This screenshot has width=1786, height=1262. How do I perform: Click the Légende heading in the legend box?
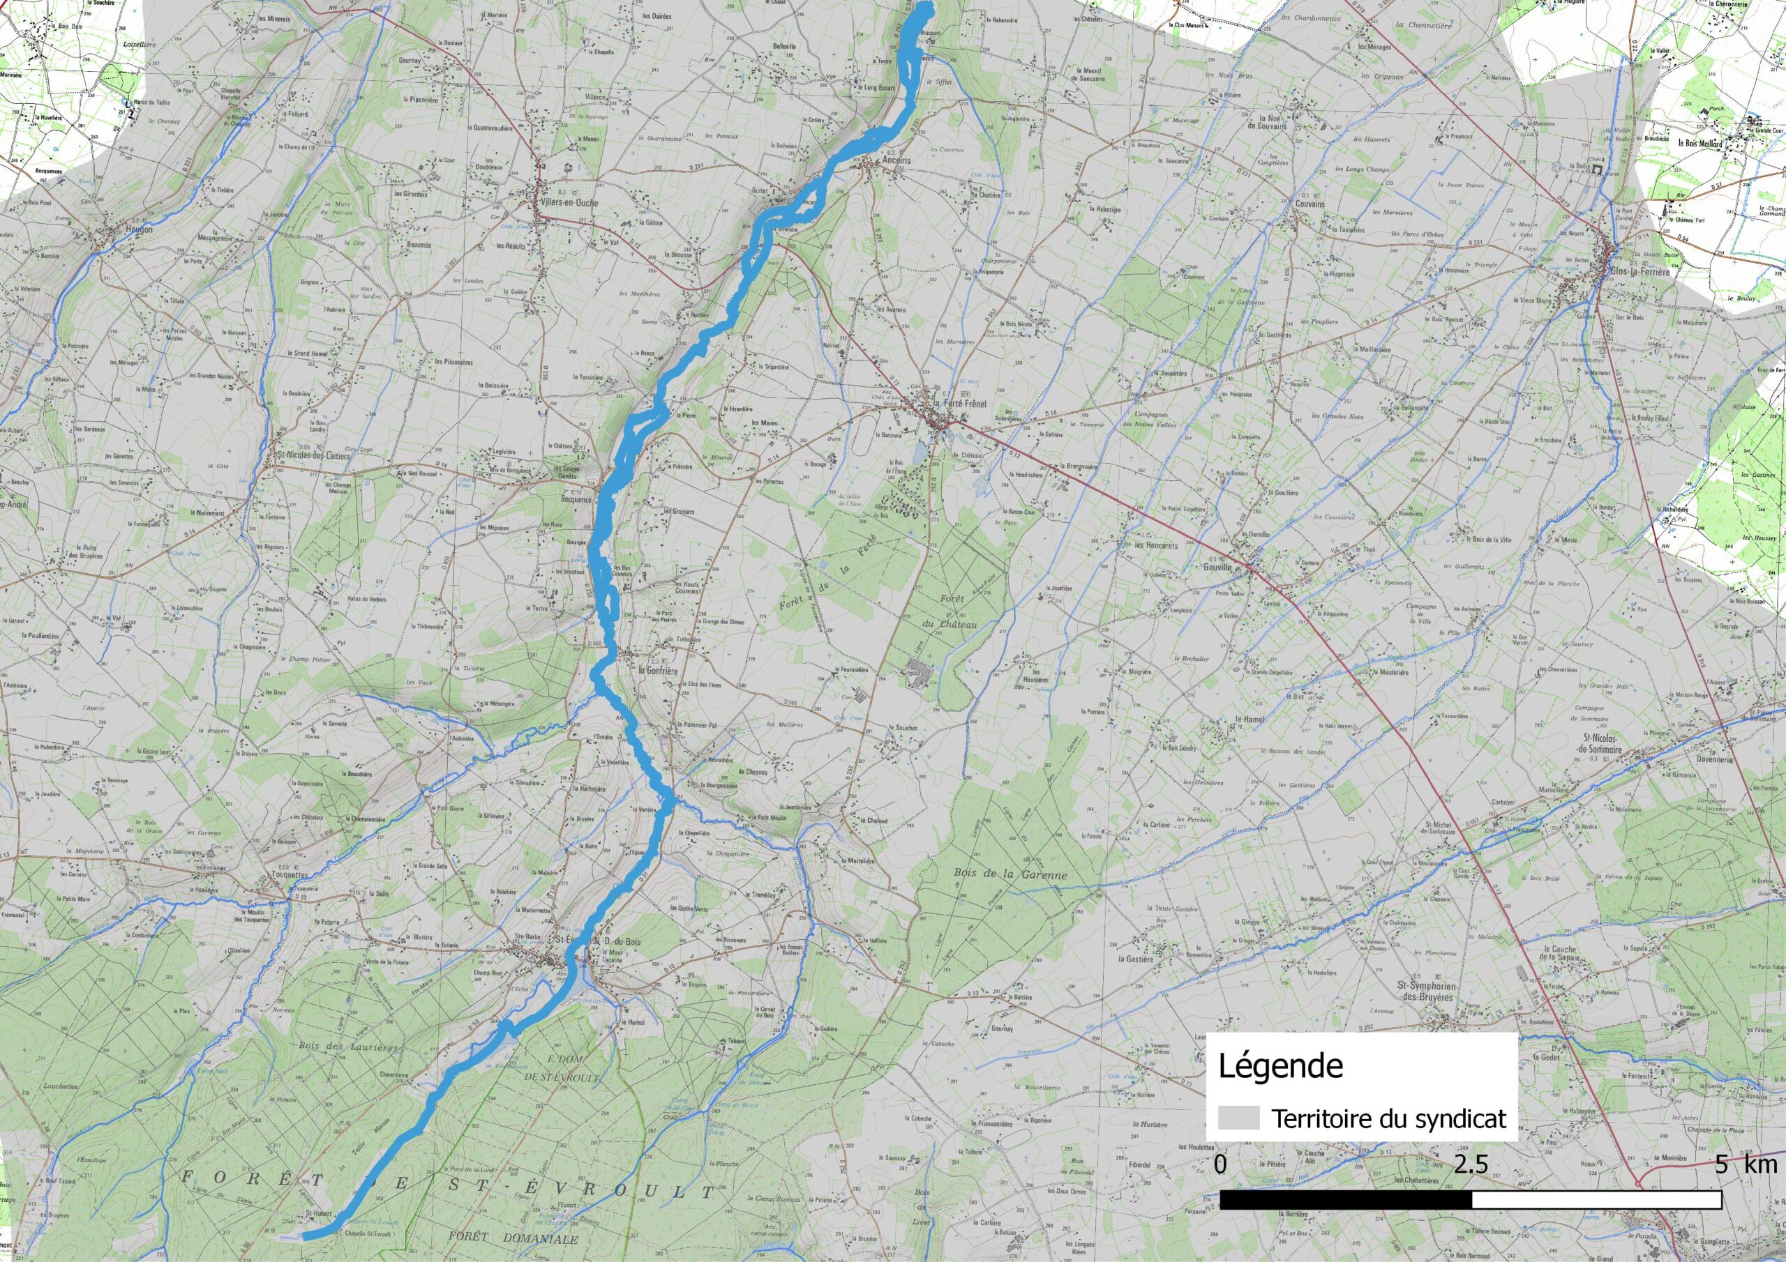tap(1280, 1066)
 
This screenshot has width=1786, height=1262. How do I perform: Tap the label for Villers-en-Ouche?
tap(569, 203)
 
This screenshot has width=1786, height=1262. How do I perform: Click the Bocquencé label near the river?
tap(576, 500)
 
